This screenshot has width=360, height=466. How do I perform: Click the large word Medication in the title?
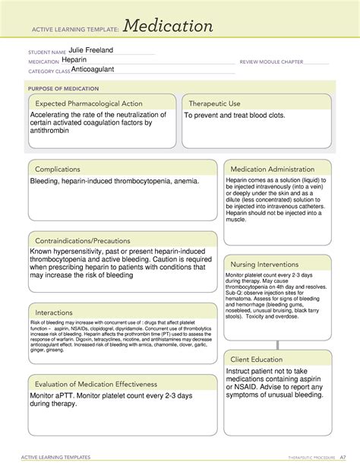(169, 27)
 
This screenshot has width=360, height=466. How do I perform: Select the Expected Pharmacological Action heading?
(88, 103)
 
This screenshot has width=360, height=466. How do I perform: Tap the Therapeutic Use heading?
(216, 103)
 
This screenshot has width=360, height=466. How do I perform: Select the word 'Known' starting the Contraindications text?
(43, 252)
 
